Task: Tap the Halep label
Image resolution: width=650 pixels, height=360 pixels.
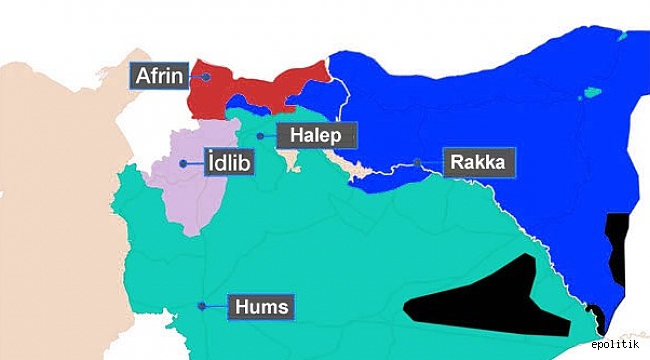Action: coord(317,135)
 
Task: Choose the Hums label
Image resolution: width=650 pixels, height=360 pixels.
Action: coord(262,307)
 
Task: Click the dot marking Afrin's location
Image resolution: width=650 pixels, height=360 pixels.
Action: coord(205,76)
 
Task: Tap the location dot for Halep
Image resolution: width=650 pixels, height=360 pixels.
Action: coord(260,135)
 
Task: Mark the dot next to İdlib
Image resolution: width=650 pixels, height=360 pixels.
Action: coord(183,163)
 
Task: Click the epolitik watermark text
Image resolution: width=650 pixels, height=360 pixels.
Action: coord(616,345)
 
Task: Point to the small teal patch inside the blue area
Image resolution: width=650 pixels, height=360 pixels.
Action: coord(592,96)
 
